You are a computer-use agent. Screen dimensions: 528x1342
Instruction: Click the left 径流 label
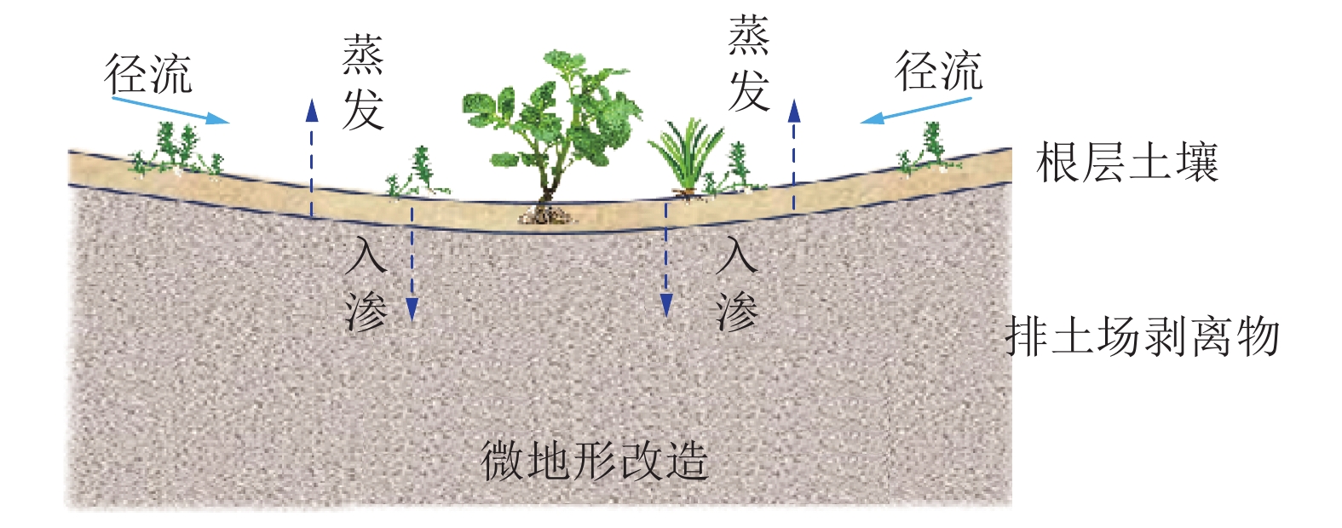click(x=148, y=74)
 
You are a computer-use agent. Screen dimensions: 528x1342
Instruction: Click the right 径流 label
click(x=938, y=71)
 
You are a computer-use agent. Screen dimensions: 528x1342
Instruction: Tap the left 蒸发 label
click(x=362, y=83)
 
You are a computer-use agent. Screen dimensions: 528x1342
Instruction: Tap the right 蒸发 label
click(x=749, y=65)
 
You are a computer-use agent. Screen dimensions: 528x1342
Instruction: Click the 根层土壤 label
click(x=1126, y=162)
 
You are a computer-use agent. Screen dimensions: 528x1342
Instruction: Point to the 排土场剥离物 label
click(x=1143, y=336)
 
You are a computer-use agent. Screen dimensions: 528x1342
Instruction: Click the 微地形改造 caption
click(x=595, y=461)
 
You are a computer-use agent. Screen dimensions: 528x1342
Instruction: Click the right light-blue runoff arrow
click(x=916, y=111)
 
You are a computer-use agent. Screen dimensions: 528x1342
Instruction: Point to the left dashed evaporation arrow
click(x=312, y=158)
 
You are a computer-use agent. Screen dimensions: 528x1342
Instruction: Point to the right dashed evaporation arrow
click(x=794, y=153)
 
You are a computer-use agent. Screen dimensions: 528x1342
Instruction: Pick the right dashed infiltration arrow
click(x=666, y=260)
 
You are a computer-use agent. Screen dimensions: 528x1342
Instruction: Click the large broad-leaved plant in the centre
click(x=554, y=119)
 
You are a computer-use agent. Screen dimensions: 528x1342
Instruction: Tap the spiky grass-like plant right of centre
click(x=687, y=158)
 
